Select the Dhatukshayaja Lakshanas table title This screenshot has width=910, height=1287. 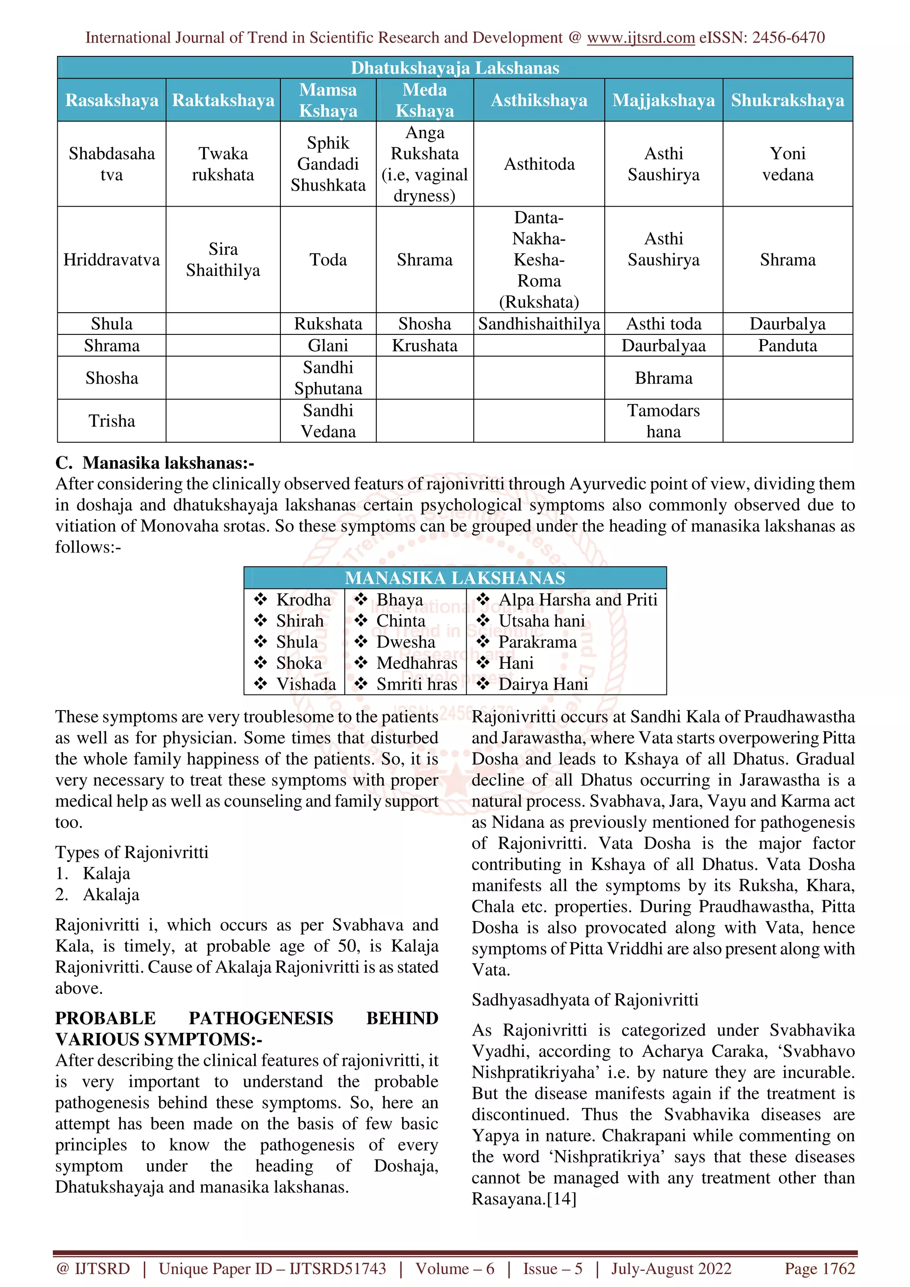(x=455, y=68)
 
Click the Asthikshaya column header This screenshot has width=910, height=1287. (x=539, y=100)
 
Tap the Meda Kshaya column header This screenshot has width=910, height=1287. (x=424, y=100)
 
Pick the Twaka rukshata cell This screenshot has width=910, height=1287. (x=223, y=164)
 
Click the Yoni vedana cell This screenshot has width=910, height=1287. (x=787, y=164)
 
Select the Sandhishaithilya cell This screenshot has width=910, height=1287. (x=539, y=324)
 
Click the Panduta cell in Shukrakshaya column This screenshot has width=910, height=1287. (x=787, y=346)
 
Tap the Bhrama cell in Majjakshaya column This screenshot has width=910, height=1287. (x=663, y=378)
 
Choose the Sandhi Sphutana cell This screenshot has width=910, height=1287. (x=328, y=378)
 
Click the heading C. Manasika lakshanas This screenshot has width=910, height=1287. (x=155, y=463)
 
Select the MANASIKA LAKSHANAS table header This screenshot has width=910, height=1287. (x=455, y=578)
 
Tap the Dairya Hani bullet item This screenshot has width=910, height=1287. (x=543, y=684)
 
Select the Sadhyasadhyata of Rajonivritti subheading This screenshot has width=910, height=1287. (x=585, y=1000)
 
